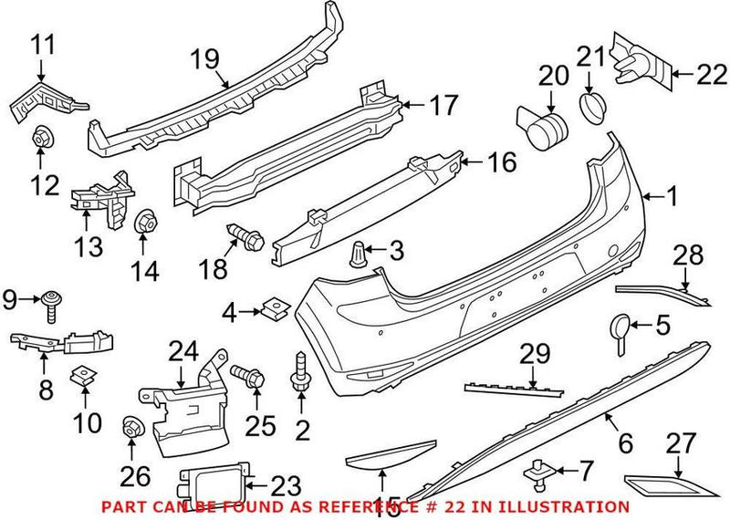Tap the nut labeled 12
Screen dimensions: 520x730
click(41, 139)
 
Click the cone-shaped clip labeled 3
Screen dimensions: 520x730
click(360, 249)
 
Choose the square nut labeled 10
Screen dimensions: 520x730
click(83, 372)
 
